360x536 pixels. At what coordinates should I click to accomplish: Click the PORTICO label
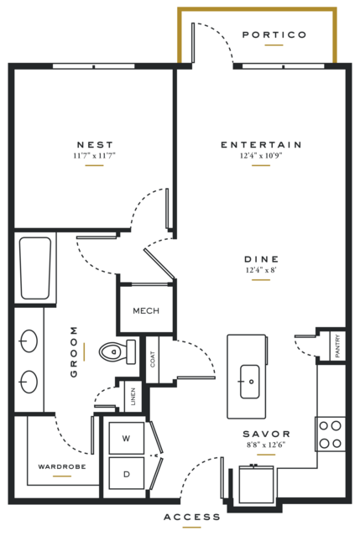pyautogui.click(x=274, y=34)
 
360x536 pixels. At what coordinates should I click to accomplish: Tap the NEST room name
pyautogui.click(x=95, y=144)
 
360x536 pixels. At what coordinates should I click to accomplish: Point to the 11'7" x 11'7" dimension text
pyautogui.click(x=95, y=156)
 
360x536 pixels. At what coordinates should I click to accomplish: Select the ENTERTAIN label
pyautogui.click(x=261, y=144)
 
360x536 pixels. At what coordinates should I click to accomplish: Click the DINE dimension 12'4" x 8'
pyautogui.click(x=261, y=270)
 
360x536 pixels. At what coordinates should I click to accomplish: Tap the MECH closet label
pyautogui.click(x=146, y=310)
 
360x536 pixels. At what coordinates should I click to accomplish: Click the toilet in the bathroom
pyautogui.click(x=117, y=351)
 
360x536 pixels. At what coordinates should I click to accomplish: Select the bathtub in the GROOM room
pyautogui.click(x=35, y=268)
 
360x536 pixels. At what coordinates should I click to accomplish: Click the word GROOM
pyautogui.click(x=74, y=352)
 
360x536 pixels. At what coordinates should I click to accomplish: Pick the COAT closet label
pyautogui.click(x=153, y=359)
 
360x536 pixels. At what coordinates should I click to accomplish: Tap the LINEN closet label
pyautogui.click(x=133, y=396)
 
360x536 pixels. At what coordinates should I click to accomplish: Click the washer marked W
pyautogui.click(x=127, y=438)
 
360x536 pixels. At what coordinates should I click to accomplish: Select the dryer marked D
pyautogui.click(x=127, y=474)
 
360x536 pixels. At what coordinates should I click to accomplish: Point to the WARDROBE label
pyautogui.click(x=62, y=466)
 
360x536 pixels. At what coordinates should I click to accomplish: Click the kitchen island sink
pyautogui.click(x=249, y=382)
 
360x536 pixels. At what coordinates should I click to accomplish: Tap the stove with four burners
pyautogui.click(x=331, y=435)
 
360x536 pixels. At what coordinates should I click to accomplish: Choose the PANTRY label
pyautogui.click(x=338, y=346)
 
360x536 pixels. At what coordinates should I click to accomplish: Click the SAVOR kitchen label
pyautogui.click(x=266, y=435)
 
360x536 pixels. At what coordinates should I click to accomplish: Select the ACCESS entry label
pyautogui.click(x=192, y=518)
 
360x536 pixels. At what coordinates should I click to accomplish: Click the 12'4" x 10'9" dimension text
pyautogui.click(x=261, y=156)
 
